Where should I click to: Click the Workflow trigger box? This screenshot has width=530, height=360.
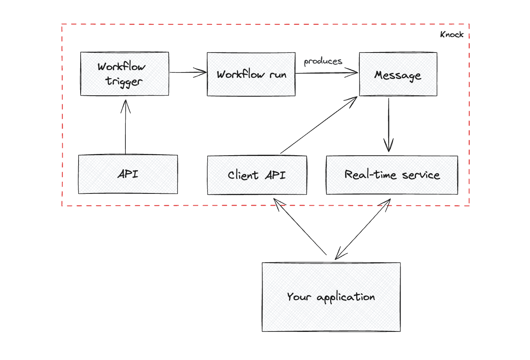tap(125, 74)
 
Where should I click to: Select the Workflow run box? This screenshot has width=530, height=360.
tap(251, 74)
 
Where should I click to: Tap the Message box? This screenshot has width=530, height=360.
tap(398, 74)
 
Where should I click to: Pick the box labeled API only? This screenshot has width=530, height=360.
tap(128, 174)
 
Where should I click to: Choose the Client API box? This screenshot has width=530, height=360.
tap(256, 175)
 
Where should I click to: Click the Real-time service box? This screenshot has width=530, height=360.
tap(392, 175)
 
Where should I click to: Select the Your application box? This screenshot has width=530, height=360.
tap(331, 297)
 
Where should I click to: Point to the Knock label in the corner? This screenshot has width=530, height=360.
tap(451, 35)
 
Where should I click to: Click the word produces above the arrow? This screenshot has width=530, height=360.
tap(323, 61)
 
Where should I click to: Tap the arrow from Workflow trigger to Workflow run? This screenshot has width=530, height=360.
tap(188, 73)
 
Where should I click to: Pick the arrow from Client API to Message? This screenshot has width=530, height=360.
tap(319, 125)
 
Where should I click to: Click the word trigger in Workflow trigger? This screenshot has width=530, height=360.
tap(124, 81)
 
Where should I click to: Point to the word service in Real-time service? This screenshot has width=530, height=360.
tap(421, 175)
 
